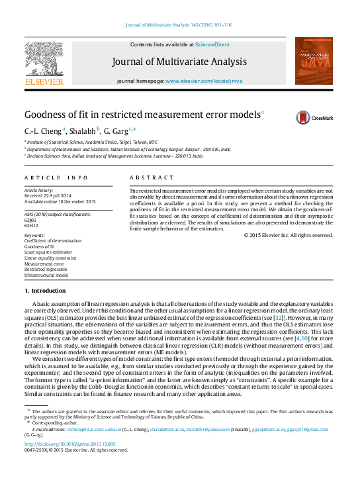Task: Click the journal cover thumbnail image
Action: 314,60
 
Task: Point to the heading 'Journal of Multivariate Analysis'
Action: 179,62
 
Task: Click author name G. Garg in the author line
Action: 116,130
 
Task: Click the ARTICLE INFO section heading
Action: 56,178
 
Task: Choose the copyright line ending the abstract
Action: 288,235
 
